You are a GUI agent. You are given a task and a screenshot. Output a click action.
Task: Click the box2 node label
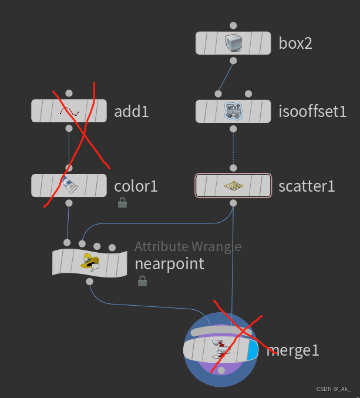click(x=295, y=43)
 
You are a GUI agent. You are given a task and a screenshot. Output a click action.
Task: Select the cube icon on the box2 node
click(x=234, y=42)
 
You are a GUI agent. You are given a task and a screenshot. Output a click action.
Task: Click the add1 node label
click(x=132, y=111)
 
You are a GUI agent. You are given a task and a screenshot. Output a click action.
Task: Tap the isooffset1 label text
click(x=312, y=111)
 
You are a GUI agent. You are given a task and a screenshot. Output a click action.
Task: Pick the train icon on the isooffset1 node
click(x=234, y=111)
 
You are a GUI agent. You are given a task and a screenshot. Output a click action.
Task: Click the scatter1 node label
click(x=307, y=186)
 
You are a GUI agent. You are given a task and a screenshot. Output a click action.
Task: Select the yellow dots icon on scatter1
click(x=234, y=186)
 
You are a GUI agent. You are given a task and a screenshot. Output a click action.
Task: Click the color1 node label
click(x=136, y=186)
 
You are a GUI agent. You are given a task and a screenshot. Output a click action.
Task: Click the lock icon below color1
click(x=122, y=203)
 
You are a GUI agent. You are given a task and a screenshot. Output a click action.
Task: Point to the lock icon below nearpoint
click(x=142, y=281)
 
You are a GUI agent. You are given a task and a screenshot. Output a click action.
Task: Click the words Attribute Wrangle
click(x=188, y=246)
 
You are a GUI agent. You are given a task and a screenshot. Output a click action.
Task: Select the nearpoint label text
click(x=170, y=263)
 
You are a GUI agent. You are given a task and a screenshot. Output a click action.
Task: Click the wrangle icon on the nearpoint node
click(x=90, y=262)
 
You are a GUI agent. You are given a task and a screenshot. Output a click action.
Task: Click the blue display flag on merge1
click(x=253, y=350)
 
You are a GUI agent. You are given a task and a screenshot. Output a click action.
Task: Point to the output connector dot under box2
click(x=234, y=61)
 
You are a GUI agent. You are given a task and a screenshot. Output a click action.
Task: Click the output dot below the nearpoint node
click(x=90, y=282)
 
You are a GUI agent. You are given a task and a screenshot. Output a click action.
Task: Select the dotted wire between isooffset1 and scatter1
click(x=234, y=150)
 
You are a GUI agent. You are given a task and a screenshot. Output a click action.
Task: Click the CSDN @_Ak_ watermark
click(x=333, y=389)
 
